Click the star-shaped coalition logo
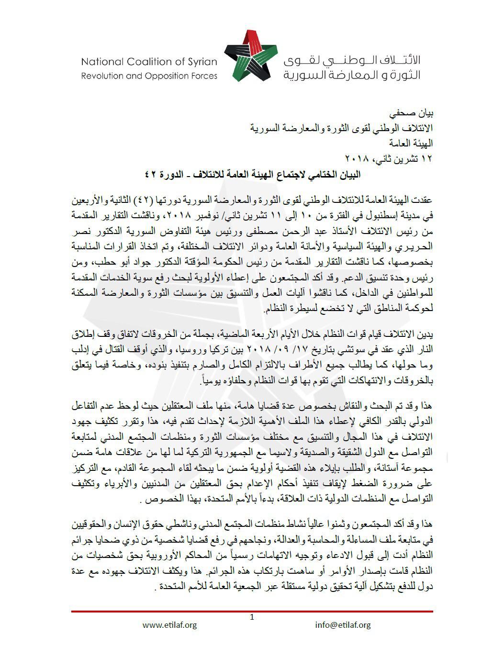point(250,56)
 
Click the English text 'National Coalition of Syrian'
point(149,62)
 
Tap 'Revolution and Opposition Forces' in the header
point(149,76)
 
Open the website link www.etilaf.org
point(169,624)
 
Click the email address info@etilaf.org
point(343,624)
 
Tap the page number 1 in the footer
point(252,617)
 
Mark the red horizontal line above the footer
point(252,611)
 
